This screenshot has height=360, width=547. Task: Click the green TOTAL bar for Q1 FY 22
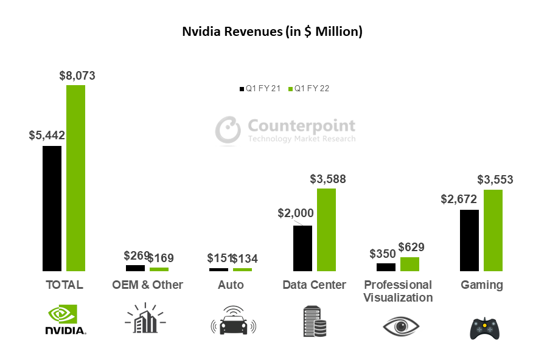click(75, 178)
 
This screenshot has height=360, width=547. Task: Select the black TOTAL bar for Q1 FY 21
click(52, 208)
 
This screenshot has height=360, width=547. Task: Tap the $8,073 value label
click(77, 76)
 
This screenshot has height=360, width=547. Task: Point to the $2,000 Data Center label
click(296, 213)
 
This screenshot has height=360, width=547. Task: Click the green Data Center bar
click(326, 229)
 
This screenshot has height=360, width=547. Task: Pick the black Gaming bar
click(469, 240)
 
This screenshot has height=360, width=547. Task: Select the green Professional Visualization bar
click(409, 264)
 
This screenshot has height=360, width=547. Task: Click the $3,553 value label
click(495, 180)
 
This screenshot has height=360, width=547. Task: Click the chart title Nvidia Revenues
click(273, 32)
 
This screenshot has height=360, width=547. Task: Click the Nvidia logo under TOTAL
click(66, 320)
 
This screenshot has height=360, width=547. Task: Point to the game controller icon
click(485, 328)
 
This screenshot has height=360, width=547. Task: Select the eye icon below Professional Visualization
click(401, 327)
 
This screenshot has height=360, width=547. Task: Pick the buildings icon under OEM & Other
click(145, 319)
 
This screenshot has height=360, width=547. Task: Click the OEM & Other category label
click(148, 285)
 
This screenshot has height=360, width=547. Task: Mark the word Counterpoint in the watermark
click(301, 126)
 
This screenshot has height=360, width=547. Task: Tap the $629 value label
click(411, 247)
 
